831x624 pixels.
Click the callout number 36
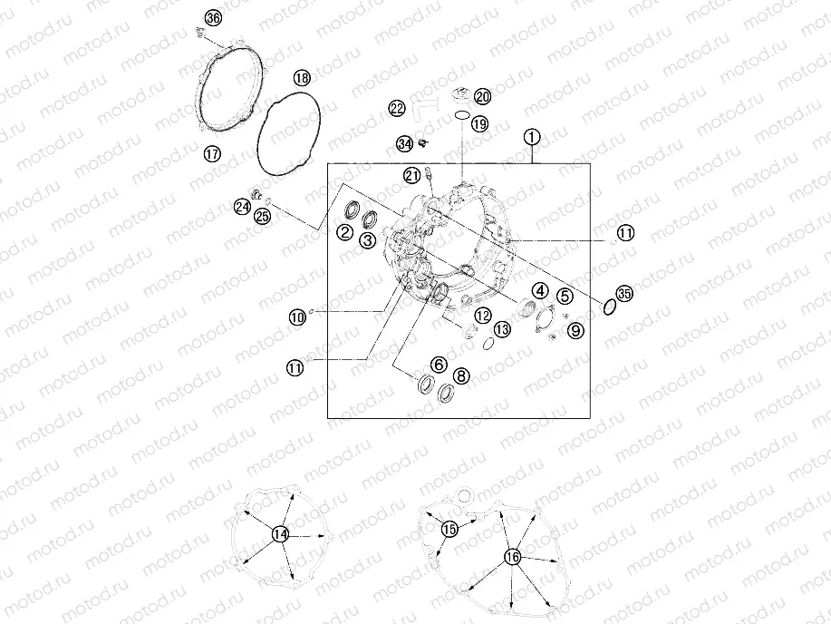tap(213, 18)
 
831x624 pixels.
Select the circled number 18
tap(302, 79)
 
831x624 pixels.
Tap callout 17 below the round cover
tap(212, 154)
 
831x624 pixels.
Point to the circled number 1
tap(532, 137)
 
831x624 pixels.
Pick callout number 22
tap(397, 108)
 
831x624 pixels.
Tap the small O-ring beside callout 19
tap(462, 115)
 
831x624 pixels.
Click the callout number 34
tap(405, 144)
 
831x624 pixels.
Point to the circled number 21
tap(413, 176)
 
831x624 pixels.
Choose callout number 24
tap(243, 207)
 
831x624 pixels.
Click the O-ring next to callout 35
tap(609, 307)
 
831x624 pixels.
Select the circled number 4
tap(540, 290)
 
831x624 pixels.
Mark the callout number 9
tap(575, 331)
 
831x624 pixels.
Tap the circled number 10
tap(297, 317)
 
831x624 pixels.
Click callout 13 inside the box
tap(502, 329)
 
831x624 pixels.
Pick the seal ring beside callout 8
tap(446, 392)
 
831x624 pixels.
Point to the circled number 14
tap(280, 534)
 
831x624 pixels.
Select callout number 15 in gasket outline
tap(449, 529)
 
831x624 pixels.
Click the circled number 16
tap(513, 557)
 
